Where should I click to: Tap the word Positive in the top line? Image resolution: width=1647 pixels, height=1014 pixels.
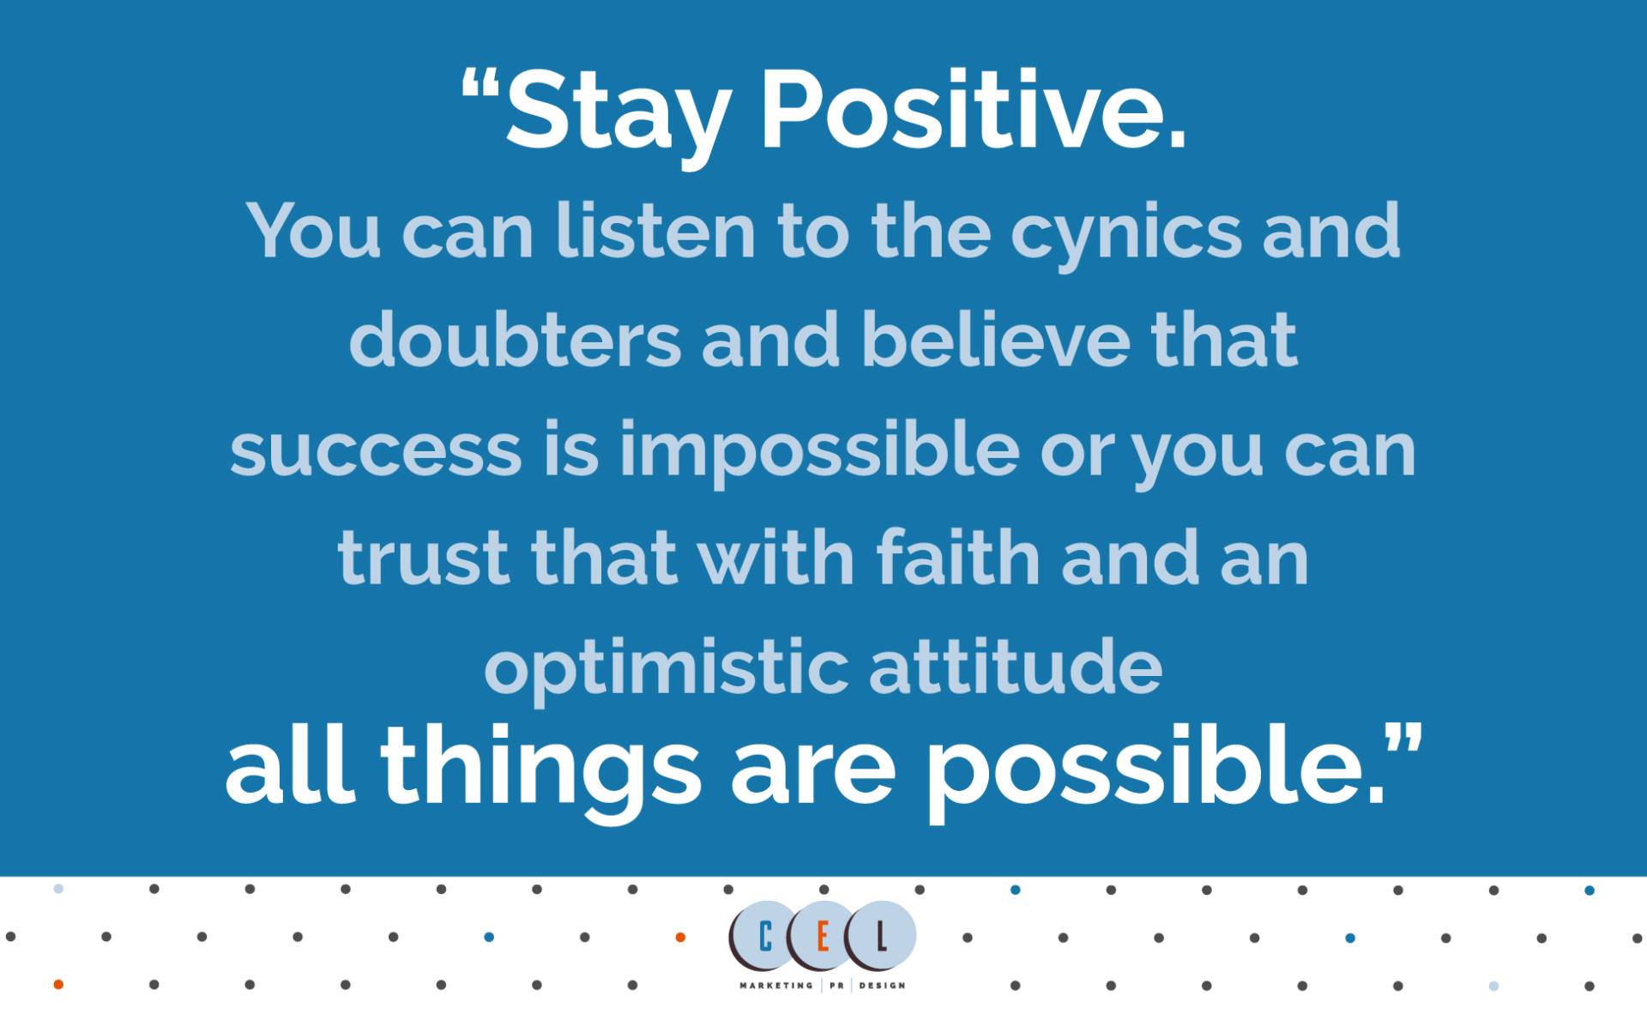click(x=973, y=109)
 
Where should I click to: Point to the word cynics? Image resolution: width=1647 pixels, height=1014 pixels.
click(x=1125, y=236)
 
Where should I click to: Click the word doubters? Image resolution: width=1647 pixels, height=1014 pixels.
click(x=515, y=340)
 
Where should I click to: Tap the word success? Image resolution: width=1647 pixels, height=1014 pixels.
click(x=376, y=452)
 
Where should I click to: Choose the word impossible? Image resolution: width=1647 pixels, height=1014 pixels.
click(x=819, y=452)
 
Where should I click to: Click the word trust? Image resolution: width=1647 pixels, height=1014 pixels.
click(x=424, y=558)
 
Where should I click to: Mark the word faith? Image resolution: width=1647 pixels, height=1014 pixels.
click(x=958, y=557)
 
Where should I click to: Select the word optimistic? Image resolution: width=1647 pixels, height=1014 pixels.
click(x=667, y=669)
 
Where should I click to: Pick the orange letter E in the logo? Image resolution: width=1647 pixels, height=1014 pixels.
click(x=822, y=937)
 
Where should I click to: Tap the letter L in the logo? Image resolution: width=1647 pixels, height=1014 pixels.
click(x=881, y=937)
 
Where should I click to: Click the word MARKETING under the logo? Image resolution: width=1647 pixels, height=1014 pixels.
click(x=776, y=986)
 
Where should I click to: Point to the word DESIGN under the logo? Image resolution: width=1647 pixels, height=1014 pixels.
click(x=882, y=986)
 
